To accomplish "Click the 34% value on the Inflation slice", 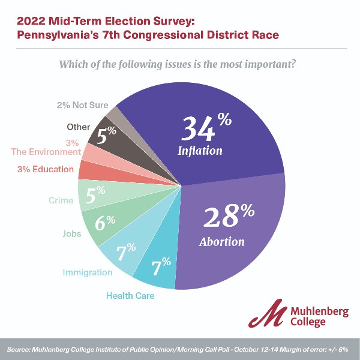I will (x=206, y=128).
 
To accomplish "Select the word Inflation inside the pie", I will (x=200, y=151).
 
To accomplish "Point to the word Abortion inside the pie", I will (x=221, y=242).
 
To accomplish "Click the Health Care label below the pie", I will (x=130, y=295).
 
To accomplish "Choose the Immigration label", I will (x=88, y=272).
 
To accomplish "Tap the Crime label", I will (x=61, y=200).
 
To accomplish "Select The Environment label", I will (x=46, y=152).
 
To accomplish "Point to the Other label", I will (x=78, y=127).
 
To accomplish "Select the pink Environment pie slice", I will (x=92, y=152).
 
